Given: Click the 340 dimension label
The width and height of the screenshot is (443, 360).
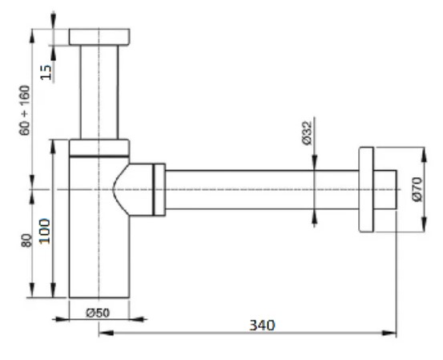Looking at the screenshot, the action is [x=262, y=325].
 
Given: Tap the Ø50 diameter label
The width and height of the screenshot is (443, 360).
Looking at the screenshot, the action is [x=98, y=313].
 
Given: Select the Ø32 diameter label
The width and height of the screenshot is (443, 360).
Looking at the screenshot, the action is [x=307, y=133].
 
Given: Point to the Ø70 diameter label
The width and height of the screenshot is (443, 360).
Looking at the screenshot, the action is [x=417, y=189].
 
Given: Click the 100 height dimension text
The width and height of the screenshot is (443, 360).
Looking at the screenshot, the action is [x=45, y=231].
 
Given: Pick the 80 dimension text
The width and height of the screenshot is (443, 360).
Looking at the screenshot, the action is [x=26, y=240].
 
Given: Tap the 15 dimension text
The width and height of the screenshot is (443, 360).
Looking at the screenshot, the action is [x=46, y=72].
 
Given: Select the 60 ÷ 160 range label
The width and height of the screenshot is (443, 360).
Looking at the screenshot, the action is [x=25, y=111].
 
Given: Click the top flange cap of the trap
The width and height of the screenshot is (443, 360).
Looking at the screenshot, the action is [x=99, y=37].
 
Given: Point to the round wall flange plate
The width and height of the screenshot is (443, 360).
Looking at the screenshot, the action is [x=366, y=189].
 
